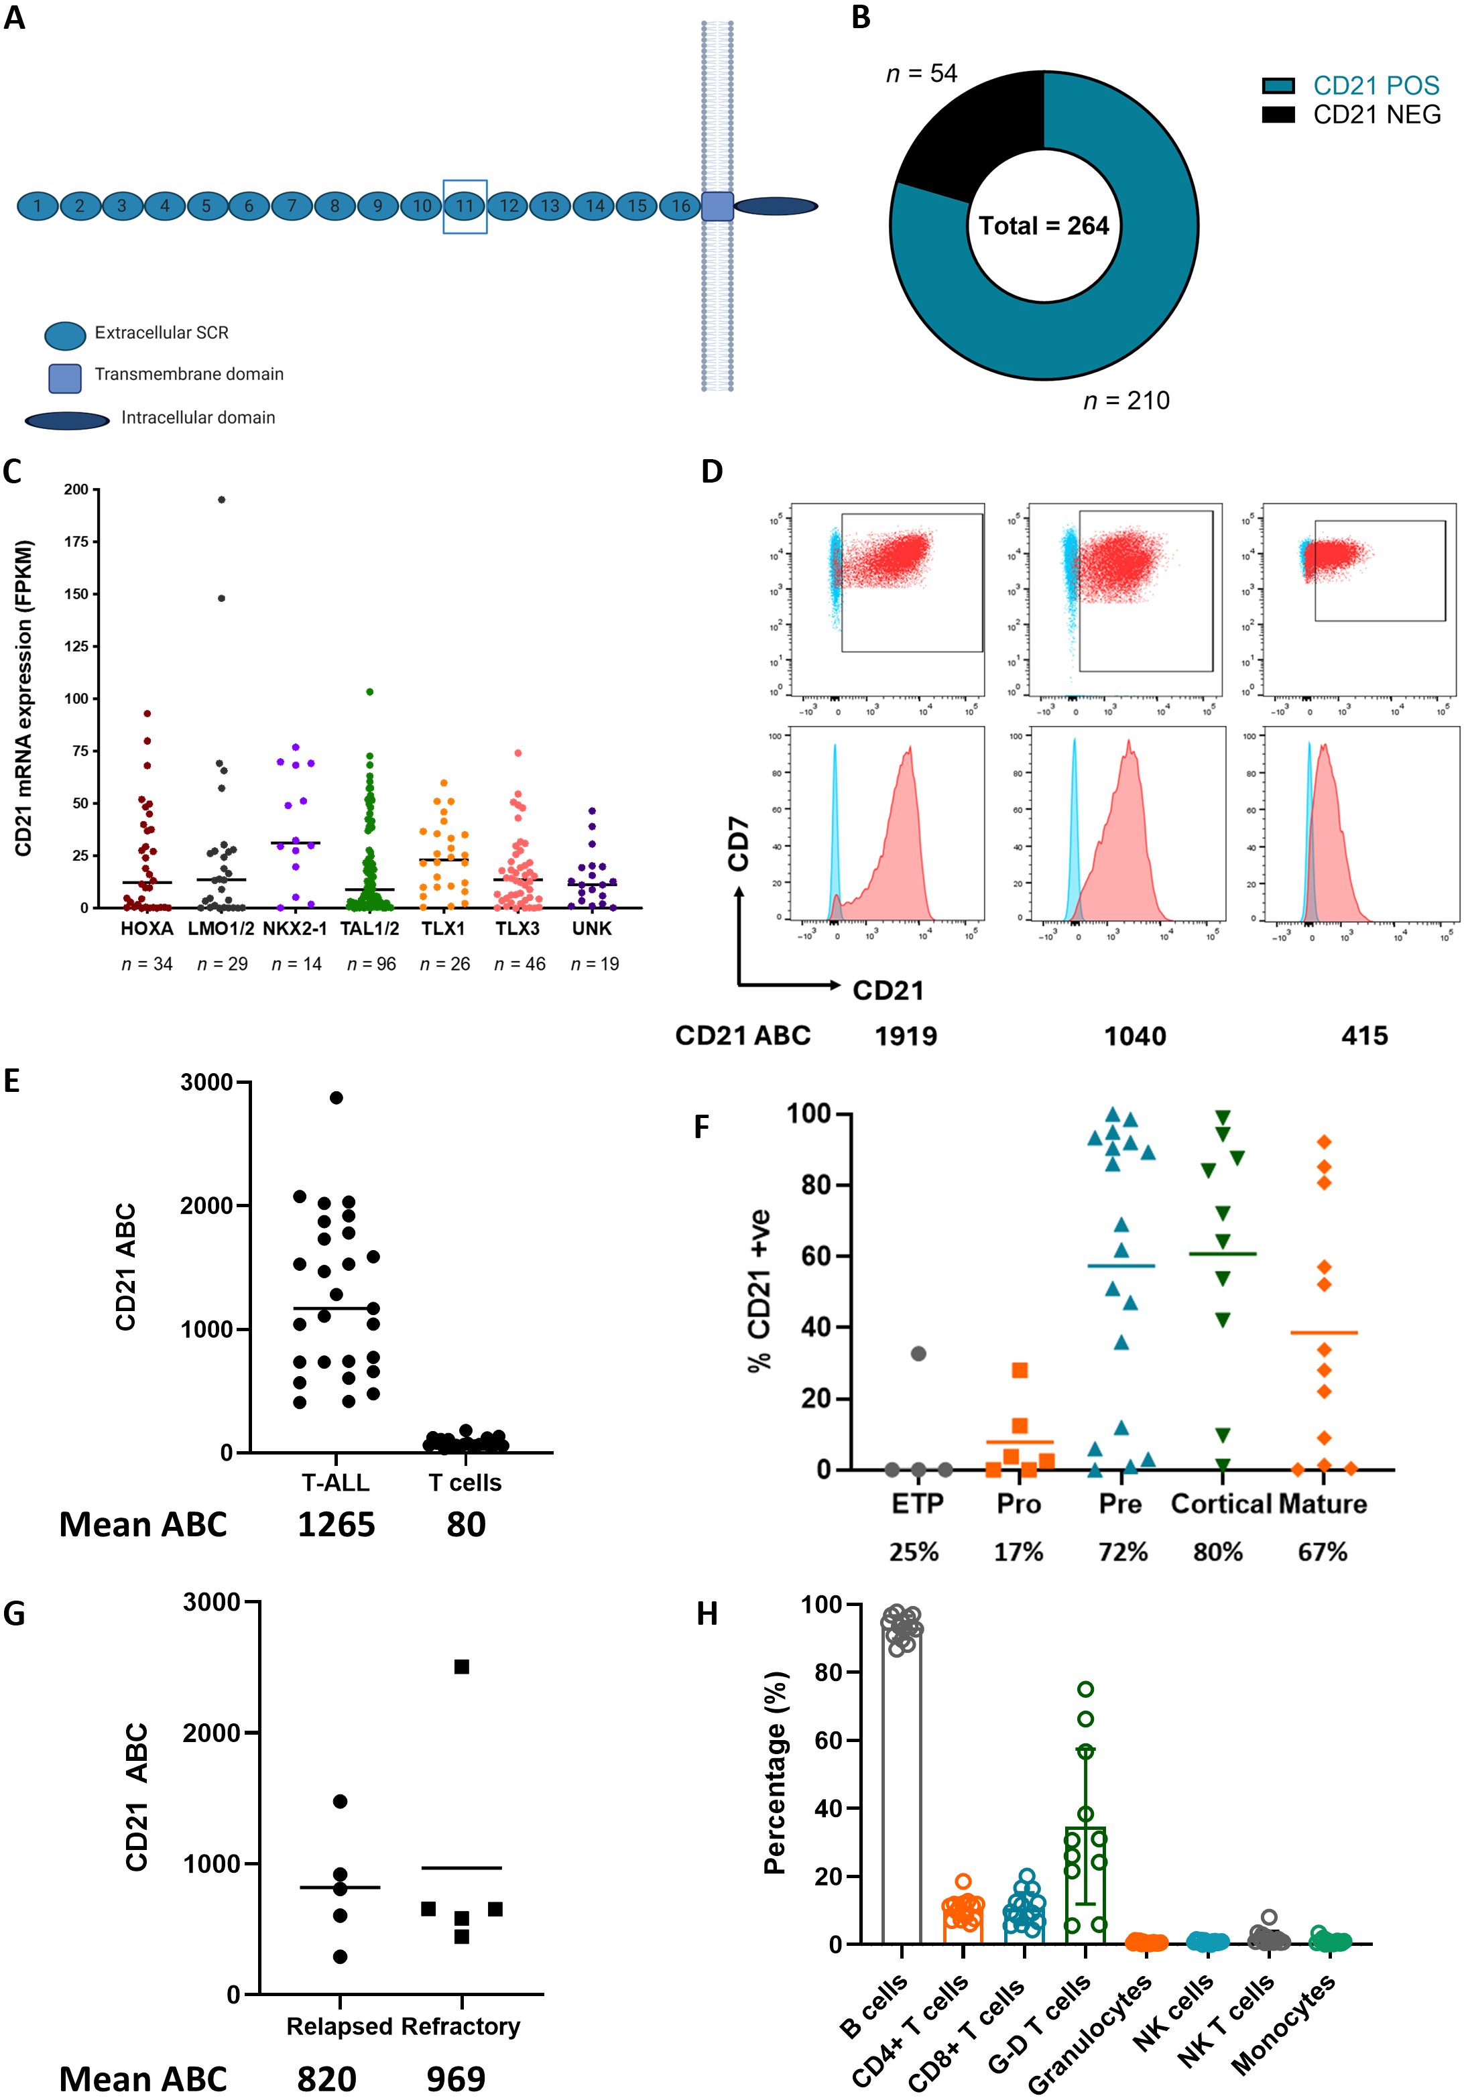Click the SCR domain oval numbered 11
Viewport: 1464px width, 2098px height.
[x=465, y=206]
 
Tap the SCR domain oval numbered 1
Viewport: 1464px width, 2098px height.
[x=38, y=206]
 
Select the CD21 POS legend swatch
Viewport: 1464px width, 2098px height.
[x=1278, y=86]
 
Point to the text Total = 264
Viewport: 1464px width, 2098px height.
[x=1044, y=226]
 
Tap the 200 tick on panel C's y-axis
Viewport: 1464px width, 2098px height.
[x=76, y=490]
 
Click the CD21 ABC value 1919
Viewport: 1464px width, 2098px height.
[x=906, y=1036]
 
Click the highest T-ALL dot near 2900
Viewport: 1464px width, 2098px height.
[x=337, y=1097]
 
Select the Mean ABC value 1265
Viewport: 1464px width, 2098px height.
[x=337, y=1524]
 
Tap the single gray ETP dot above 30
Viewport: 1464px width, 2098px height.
[x=918, y=1353]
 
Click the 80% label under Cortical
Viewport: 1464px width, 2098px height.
[x=1217, y=1552]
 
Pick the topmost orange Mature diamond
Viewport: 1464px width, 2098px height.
[x=1323, y=1142]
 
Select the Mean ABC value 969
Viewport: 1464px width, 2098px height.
[x=455, y=2078]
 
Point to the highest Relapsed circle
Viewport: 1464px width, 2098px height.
[x=340, y=1801]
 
